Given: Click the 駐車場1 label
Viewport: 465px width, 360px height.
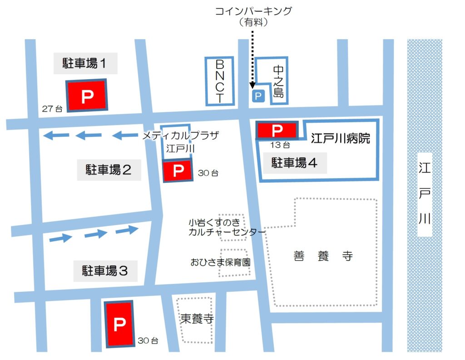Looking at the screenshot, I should click(85, 64).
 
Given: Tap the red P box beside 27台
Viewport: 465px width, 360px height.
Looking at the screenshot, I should click(87, 95).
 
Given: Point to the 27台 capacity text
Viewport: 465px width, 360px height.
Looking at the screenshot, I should click(52, 109).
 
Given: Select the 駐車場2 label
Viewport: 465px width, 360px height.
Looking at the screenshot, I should click(109, 170).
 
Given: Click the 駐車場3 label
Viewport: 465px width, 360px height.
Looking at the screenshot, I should click(104, 271).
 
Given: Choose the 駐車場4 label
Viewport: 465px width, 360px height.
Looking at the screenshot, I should click(294, 163).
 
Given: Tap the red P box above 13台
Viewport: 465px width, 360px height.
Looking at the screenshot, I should click(277, 130).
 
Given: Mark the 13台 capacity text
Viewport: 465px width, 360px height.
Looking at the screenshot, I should click(280, 145).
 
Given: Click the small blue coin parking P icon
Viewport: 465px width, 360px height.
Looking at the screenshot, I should click(257, 96).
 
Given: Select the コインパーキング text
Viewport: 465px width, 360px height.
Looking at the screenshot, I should click(253, 11).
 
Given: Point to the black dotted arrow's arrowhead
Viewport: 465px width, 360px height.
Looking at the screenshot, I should click(252, 84).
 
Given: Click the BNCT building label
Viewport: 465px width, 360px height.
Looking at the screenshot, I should click(220, 81).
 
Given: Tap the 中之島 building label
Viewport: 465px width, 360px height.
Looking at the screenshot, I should click(278, 82).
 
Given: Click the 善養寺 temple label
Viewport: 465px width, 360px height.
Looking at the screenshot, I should click(323, 256).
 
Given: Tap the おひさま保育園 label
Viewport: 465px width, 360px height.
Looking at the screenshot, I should click(220, 262).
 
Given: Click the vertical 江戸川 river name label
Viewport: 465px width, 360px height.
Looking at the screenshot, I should click(424, 194).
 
